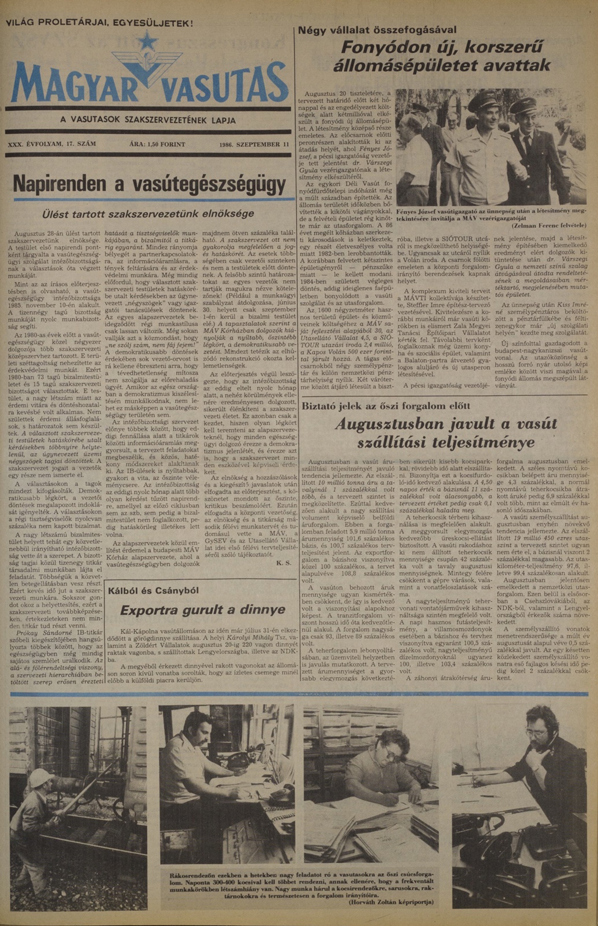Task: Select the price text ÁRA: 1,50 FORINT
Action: tap(157, 144)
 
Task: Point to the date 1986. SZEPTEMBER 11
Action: tap(254, 144)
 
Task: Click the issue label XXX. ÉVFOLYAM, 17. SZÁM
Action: tap(52, 144)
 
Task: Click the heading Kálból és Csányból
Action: tap(153, 590)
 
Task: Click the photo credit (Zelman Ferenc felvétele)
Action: tap(549, 225)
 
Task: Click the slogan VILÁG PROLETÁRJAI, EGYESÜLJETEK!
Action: tap(99, 22)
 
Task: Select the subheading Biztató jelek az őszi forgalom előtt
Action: tap(386, 406)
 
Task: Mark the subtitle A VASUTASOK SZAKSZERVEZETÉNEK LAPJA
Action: tap(148, 120)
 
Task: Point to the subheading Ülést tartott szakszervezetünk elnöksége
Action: tap(148, 214)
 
